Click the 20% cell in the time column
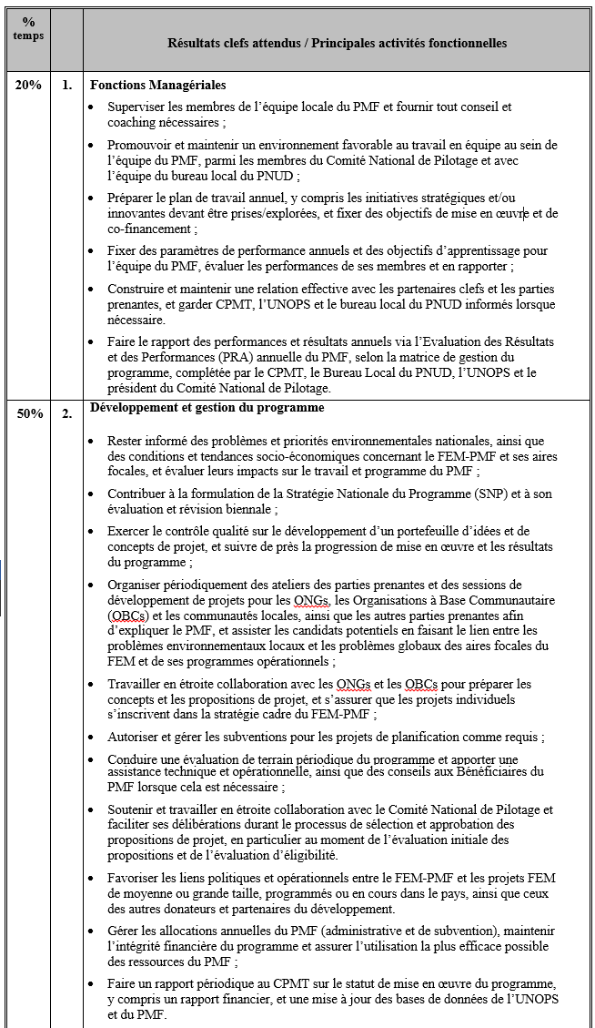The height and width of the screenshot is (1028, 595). point(28,85)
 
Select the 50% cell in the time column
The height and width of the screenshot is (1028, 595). point(28,413)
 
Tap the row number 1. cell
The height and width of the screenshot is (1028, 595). point(66,85)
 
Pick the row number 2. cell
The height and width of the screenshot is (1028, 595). point(66,413)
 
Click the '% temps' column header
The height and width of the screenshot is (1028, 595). point(27,27)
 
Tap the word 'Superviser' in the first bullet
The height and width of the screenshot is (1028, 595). point(136,107)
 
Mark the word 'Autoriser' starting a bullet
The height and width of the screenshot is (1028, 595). point(135,737)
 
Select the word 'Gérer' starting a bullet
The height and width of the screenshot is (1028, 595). point(124,931)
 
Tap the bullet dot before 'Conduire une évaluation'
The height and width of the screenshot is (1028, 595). point(97,759)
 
